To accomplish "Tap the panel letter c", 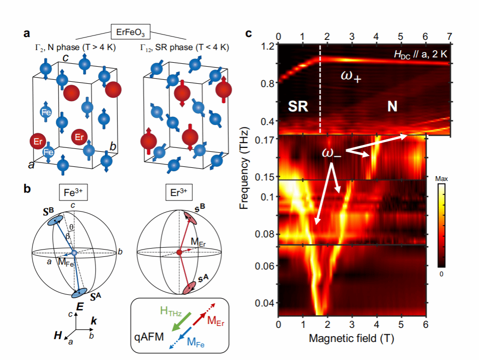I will (x=249, y=34).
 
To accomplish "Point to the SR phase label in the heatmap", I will (x=296, y=108).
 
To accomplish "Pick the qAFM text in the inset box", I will (x=148, y=336).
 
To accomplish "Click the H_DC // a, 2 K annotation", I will (x=420, y=54).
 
